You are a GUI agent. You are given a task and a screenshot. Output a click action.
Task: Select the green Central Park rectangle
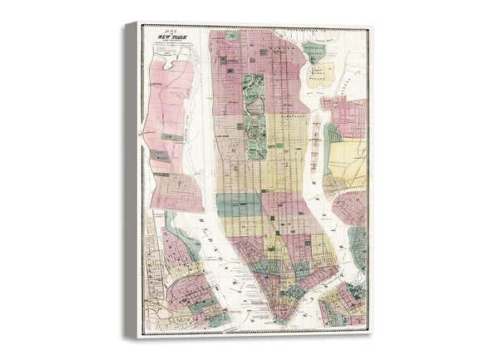[254, 116]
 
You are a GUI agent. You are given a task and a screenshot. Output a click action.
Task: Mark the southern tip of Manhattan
[284, 320]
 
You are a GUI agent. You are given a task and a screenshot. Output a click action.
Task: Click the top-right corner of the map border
[368, 27]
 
